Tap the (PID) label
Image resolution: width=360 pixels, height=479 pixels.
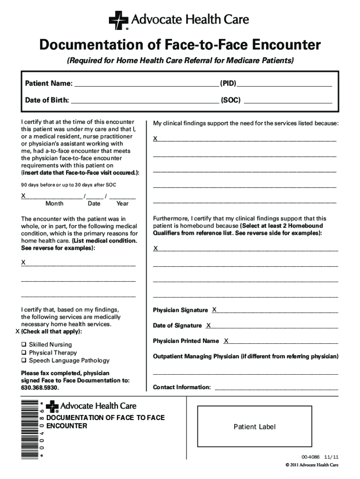click(x=228, y=84)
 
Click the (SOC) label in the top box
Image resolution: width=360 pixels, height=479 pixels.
click(x=231, y=100)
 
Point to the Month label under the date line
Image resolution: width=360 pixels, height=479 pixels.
click(x=54, y=203)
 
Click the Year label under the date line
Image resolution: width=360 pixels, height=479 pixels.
click(x=122, y=203)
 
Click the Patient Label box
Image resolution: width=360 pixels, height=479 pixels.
click(x=254, y=427)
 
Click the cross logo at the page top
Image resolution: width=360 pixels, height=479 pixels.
click(x=118, y=21)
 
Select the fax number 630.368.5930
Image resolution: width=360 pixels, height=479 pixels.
click(x=40, y=388)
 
